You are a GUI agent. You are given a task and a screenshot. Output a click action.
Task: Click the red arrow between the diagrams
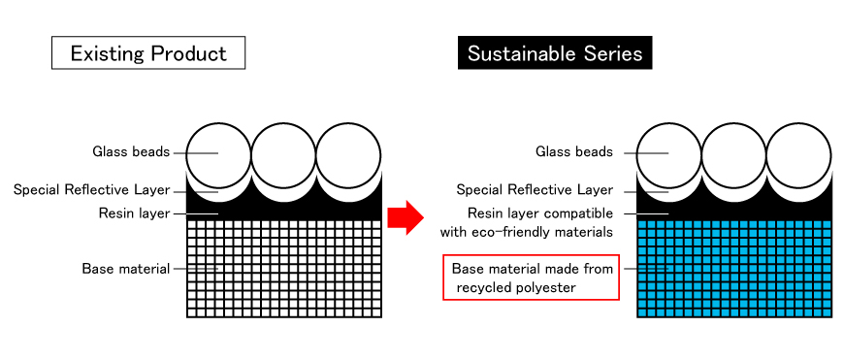pos(406,216)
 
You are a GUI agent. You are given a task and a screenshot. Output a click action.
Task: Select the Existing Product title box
pos(147,53)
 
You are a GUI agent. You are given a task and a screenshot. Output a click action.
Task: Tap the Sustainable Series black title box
pos(555,53)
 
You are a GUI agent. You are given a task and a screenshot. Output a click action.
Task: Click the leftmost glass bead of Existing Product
pos(217,153)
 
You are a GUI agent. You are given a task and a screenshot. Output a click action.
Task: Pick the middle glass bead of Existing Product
pos(283,153)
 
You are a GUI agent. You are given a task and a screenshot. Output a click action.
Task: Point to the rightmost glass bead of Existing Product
pos(348,153)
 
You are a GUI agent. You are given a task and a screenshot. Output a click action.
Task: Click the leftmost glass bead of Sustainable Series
pos(667,153)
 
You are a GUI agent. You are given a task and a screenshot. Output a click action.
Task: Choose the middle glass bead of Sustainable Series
pos(733,153)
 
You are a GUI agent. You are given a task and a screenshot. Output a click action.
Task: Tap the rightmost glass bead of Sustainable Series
pos(798,153)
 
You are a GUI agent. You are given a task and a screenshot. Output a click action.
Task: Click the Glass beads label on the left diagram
pos(131,152)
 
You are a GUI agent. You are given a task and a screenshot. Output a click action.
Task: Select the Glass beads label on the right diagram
pos(574,152)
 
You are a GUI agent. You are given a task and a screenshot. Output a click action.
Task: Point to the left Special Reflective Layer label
pos(91,190)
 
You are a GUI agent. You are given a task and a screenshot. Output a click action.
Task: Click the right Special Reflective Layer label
pos(535,190)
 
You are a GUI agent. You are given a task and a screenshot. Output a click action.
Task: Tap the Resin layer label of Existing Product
pos(134,213)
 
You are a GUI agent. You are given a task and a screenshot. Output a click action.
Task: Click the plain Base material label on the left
pos(126,269)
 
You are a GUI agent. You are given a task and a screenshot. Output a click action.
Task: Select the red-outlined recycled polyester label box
pos(532,278)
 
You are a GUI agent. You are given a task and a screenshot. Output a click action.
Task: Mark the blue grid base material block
pos(734,268)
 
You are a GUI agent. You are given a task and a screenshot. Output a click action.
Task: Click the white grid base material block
pos(284,268)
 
